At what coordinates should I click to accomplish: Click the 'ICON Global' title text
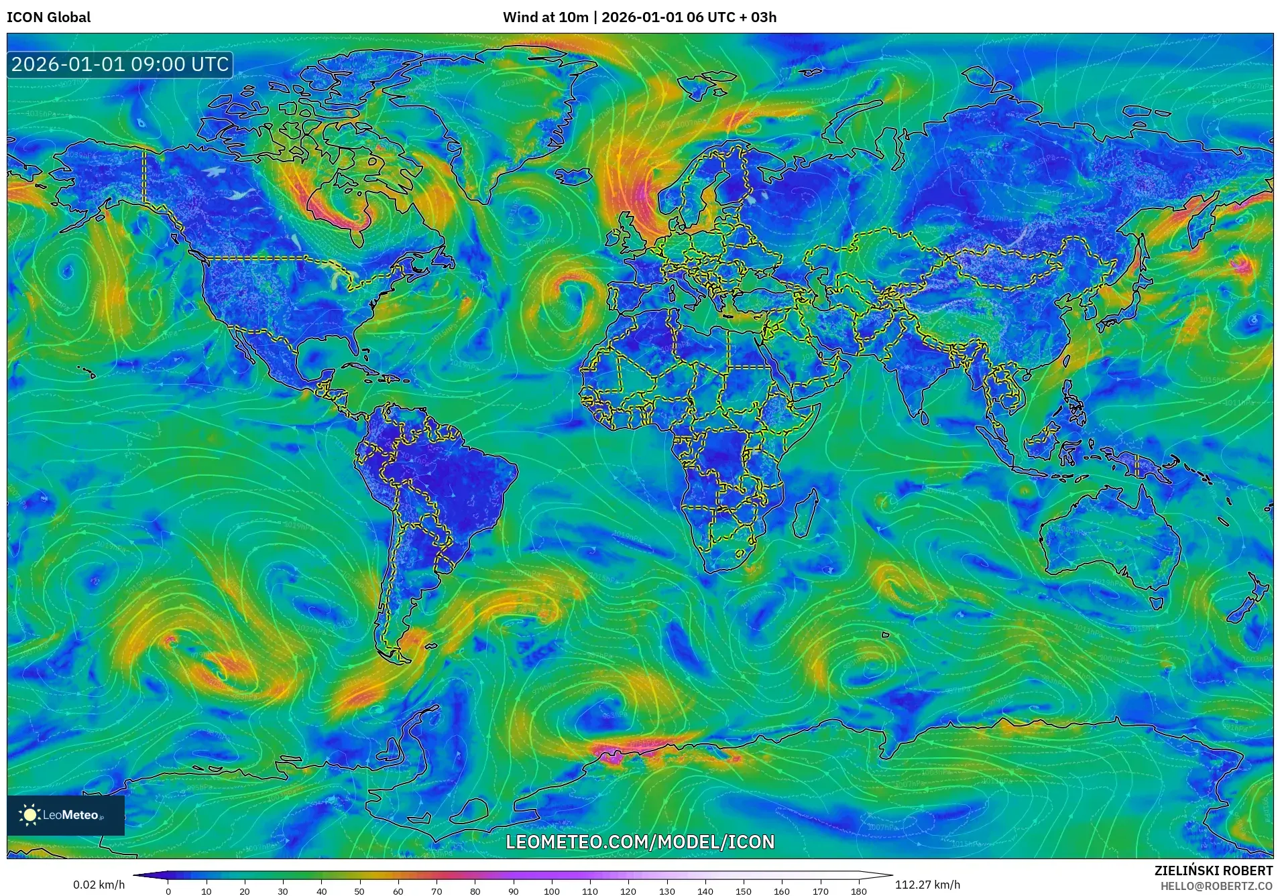[x=48, y=17]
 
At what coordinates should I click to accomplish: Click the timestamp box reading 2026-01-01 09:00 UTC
[x=120, y=64]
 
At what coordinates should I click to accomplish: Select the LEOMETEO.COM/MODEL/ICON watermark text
[x=640, y=842]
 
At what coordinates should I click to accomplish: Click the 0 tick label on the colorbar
[x=168, y=891]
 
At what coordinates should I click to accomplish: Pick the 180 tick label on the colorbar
[x=859, y=891]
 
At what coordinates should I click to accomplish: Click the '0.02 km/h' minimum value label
[x=99, y=885]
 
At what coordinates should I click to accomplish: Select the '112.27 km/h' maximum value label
[x=927, y=885]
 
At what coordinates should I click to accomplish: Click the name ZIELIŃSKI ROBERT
[x=1213, y=871]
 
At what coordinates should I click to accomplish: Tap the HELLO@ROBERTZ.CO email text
[x=1216, y=886]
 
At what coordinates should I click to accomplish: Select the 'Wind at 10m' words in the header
[x=545, y=17]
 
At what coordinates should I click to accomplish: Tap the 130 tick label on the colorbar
[x=667, y=891]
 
